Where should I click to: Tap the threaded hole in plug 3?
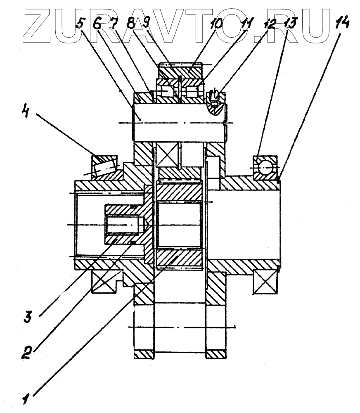(x=124, y=225)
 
